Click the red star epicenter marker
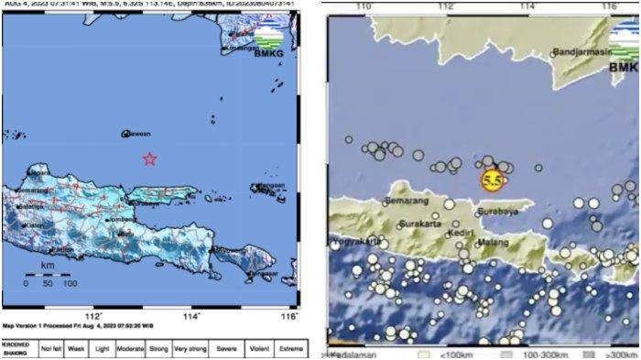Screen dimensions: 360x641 click(x=149, y=158)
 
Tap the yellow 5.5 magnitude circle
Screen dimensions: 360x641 click(x=492, y=180)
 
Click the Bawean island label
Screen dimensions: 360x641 click(x=137, y=134)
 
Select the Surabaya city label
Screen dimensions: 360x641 click(x=497, y=212)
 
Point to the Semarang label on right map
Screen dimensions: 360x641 click(x=410, y=198)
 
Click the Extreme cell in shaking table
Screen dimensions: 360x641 click(x=290, y=350)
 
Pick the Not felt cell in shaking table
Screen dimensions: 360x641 click(x=52, y=350)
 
